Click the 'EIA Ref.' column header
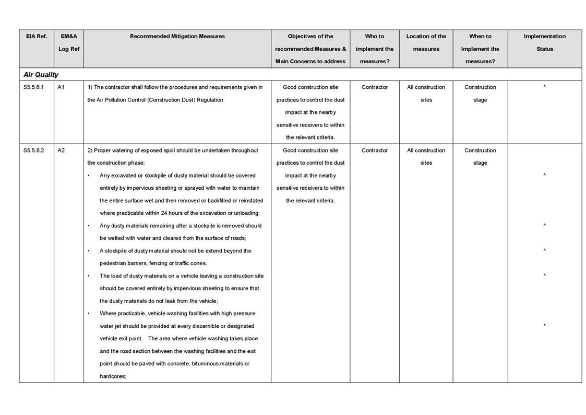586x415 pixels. pos(37,37)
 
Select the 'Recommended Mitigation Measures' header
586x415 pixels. pos(177,37)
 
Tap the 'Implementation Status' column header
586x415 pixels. pos(544,43)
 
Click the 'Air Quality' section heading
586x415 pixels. pos(41,75)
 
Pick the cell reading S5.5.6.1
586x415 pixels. pos(34,87)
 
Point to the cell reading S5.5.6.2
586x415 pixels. pos(34,151)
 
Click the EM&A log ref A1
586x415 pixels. pos(61,87)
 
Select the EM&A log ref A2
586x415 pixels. pos(61,151)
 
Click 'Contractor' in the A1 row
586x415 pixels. pos(375,87)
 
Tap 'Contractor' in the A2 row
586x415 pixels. pos(375,151)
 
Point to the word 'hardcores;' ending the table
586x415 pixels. pos(113,376)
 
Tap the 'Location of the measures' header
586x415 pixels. pos(426,43)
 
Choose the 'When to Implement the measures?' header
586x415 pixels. pos(480,49)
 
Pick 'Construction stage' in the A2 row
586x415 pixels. pos(480,157)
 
